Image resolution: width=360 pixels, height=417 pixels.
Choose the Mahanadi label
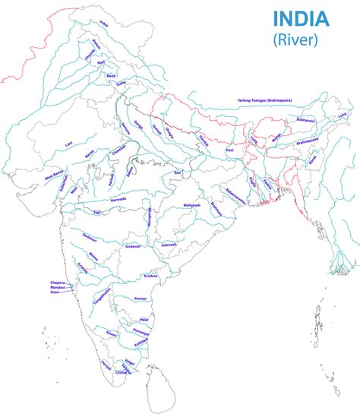[191, 206]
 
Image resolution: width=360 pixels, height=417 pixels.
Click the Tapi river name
[96, 213]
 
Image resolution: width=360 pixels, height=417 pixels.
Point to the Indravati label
[169, 245]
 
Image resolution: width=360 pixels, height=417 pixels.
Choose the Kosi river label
[229, 151]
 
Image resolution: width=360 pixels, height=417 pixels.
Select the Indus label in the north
[104, 24]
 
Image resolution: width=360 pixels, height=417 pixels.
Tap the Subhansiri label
[305, 119]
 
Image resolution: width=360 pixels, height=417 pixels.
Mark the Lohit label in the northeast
[342, 115]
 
